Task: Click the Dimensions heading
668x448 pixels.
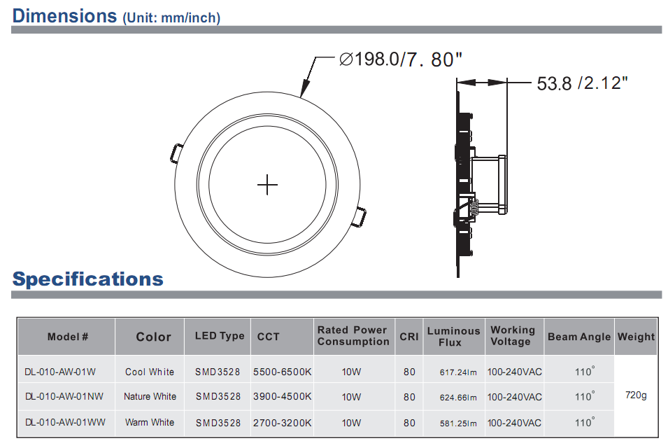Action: point(64,15)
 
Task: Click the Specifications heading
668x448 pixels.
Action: point(87,279)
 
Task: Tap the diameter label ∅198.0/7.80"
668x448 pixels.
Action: point(400,59)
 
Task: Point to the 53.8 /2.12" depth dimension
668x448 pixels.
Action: point(581,83)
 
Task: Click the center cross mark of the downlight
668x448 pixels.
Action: point(267,185)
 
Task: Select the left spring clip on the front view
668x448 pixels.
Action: point(176,153)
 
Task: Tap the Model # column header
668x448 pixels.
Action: point(68,337)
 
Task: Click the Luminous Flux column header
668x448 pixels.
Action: point(453,337)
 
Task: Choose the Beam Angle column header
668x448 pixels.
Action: point(578,337)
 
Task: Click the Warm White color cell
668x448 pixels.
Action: point(150,423)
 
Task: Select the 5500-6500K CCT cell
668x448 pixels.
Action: point(282,372)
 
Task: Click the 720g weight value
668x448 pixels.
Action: point(635,395)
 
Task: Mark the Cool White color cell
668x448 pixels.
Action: point(150,372)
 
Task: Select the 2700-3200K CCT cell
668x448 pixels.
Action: point(282,423)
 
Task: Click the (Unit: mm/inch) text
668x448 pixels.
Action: point(171,18)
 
